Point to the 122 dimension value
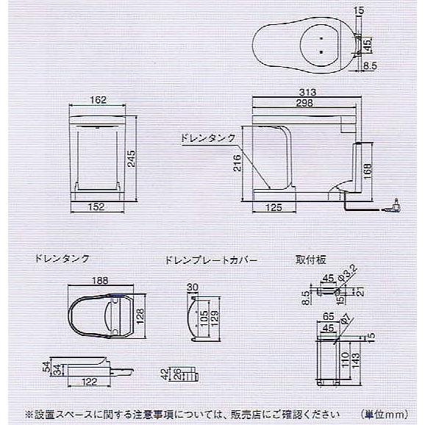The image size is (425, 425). pyautogui.click(x=89, y=382)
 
